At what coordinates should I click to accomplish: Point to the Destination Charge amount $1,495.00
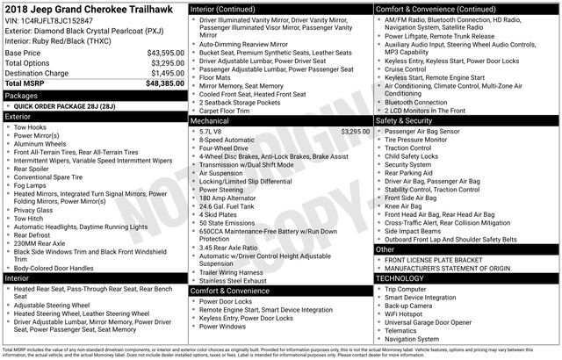[x=161, y=73]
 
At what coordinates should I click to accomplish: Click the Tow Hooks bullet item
[x=32, y=127]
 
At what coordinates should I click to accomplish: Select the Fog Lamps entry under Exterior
[x=33, y=185]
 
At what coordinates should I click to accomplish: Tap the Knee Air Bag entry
[x=406, y=205]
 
